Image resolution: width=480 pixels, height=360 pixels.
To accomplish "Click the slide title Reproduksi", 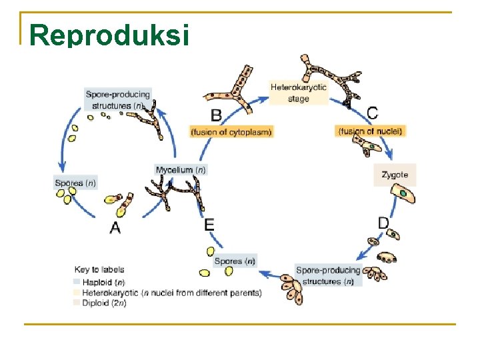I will pyautogui.click(x=110, y=35).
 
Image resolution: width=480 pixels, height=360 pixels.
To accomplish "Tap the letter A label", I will pyautogui.click(x=115, y=227).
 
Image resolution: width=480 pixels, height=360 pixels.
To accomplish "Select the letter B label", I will pyautogui.click(x=216, y=115).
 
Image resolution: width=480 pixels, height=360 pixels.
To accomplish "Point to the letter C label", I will pyautogui.click(x=372, y=113).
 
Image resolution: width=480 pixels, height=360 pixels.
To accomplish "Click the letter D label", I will pyautogui.click(x=383, y=222).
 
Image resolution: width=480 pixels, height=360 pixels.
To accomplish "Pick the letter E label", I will pyautogui.click(x=209, y=225).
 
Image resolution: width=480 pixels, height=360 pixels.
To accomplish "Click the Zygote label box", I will pyautogui.click(x=395, y=175).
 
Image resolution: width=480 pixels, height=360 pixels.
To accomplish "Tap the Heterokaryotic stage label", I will pyautogui.click(x=298, y=93).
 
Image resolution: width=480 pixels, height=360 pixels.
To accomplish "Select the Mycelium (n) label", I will pyautogui.click(x=181, y=170).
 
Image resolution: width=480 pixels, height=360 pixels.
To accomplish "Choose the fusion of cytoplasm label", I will pyautogui.click(x=231, y=132).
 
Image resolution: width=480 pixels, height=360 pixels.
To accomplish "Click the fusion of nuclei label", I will pyautogui.click(x=371, y=131).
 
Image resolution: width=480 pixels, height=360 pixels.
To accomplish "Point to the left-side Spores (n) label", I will pyautogui.click(x=75, y=183).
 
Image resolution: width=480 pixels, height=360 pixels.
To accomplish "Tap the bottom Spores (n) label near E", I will pyautogui.click(x=234, y=261).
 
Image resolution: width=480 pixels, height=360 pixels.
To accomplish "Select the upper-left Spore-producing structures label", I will pyautogui.click(x=118, y=99).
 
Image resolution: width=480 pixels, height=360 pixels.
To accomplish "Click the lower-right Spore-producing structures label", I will pyautogui.click(x=328, y=275).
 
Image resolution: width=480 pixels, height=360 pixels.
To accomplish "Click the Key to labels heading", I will pyautogui.click(x=100, y=270).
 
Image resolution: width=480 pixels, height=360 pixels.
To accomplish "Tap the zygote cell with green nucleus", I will pyautogui.click(x=404, y=194).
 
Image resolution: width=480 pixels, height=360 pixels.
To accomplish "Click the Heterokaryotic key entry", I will pyautogui.click(x=171, y=293).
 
